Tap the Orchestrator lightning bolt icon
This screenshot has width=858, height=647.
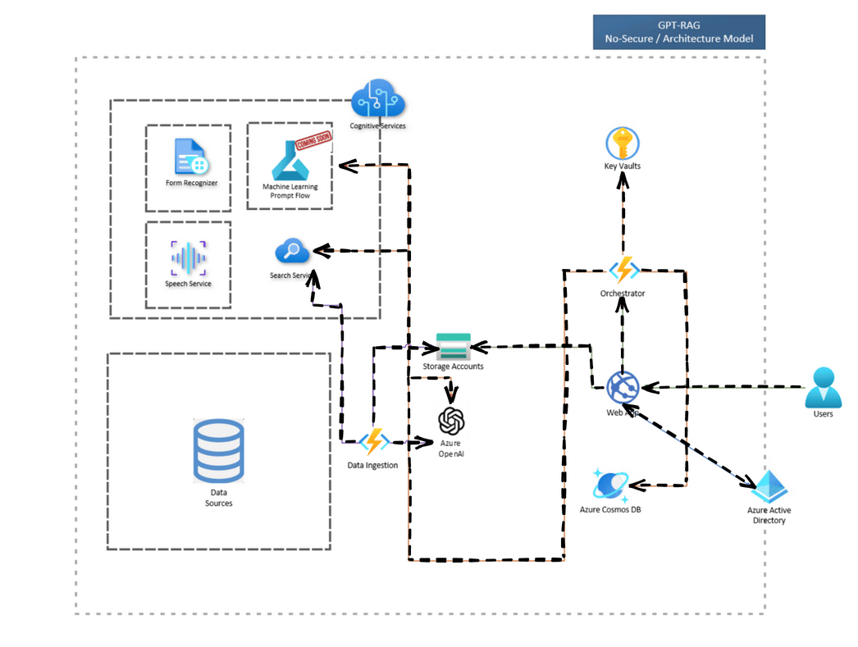point(623,270)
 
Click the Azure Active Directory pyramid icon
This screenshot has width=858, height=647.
point(770,487)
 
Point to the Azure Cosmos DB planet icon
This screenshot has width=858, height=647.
point(610,486)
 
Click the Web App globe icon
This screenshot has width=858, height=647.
point(623,387)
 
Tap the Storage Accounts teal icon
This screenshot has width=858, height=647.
point(453,346)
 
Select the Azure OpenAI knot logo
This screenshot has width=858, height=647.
point(452,421)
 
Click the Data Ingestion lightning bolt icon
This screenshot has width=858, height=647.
point(374,442)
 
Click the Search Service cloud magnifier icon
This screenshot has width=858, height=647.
point(291,251)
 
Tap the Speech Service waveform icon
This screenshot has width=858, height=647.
point(188,258)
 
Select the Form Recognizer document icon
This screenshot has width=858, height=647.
point(191,157)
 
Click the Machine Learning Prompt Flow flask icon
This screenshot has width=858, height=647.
point(290,160)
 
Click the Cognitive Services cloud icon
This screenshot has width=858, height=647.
point(378,100)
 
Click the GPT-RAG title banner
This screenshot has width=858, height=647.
point(678,31)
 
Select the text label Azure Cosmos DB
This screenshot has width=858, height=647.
point(610,509)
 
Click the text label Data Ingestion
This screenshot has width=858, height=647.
point(373,465)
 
